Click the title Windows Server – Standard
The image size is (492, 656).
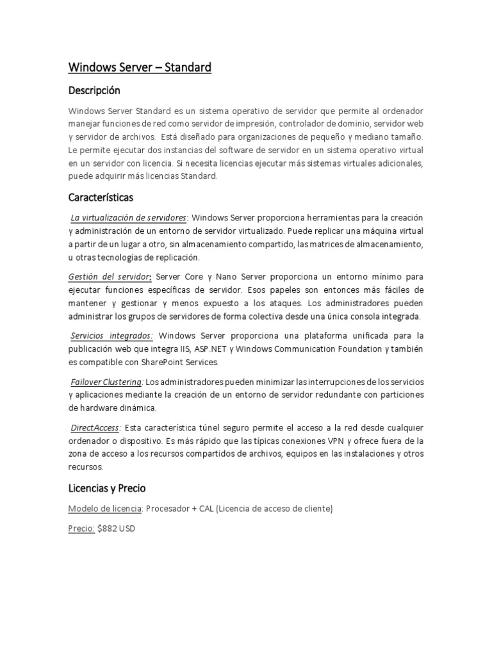coord(140,67)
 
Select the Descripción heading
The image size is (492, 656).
coord(94,90)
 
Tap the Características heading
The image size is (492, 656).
coord(101,197)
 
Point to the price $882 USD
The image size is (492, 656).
coord(117,529)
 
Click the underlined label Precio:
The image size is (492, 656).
coord(81,529)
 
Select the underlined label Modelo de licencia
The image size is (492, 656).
coord(104,509)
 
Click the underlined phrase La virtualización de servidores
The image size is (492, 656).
coord(129,218)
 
